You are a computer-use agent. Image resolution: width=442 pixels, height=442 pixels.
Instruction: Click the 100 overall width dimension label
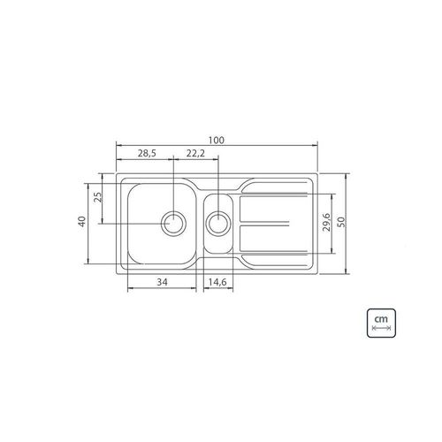[217, 141]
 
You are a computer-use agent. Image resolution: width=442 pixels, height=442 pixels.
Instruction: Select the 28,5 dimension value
[147, 153]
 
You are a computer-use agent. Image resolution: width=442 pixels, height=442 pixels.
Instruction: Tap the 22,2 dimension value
[195, 153]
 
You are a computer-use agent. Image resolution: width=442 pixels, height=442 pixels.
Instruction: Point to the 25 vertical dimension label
[99, 197]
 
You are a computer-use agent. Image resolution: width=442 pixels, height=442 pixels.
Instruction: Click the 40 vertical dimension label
[81, 221]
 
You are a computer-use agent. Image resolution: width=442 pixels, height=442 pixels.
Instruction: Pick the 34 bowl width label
[162, 282]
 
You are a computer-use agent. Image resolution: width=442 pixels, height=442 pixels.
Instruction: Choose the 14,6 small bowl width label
[217, 282]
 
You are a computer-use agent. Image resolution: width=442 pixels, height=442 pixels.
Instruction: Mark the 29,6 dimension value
[327, 222]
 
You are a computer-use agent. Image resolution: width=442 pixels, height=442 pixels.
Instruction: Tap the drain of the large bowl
[174, 223]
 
